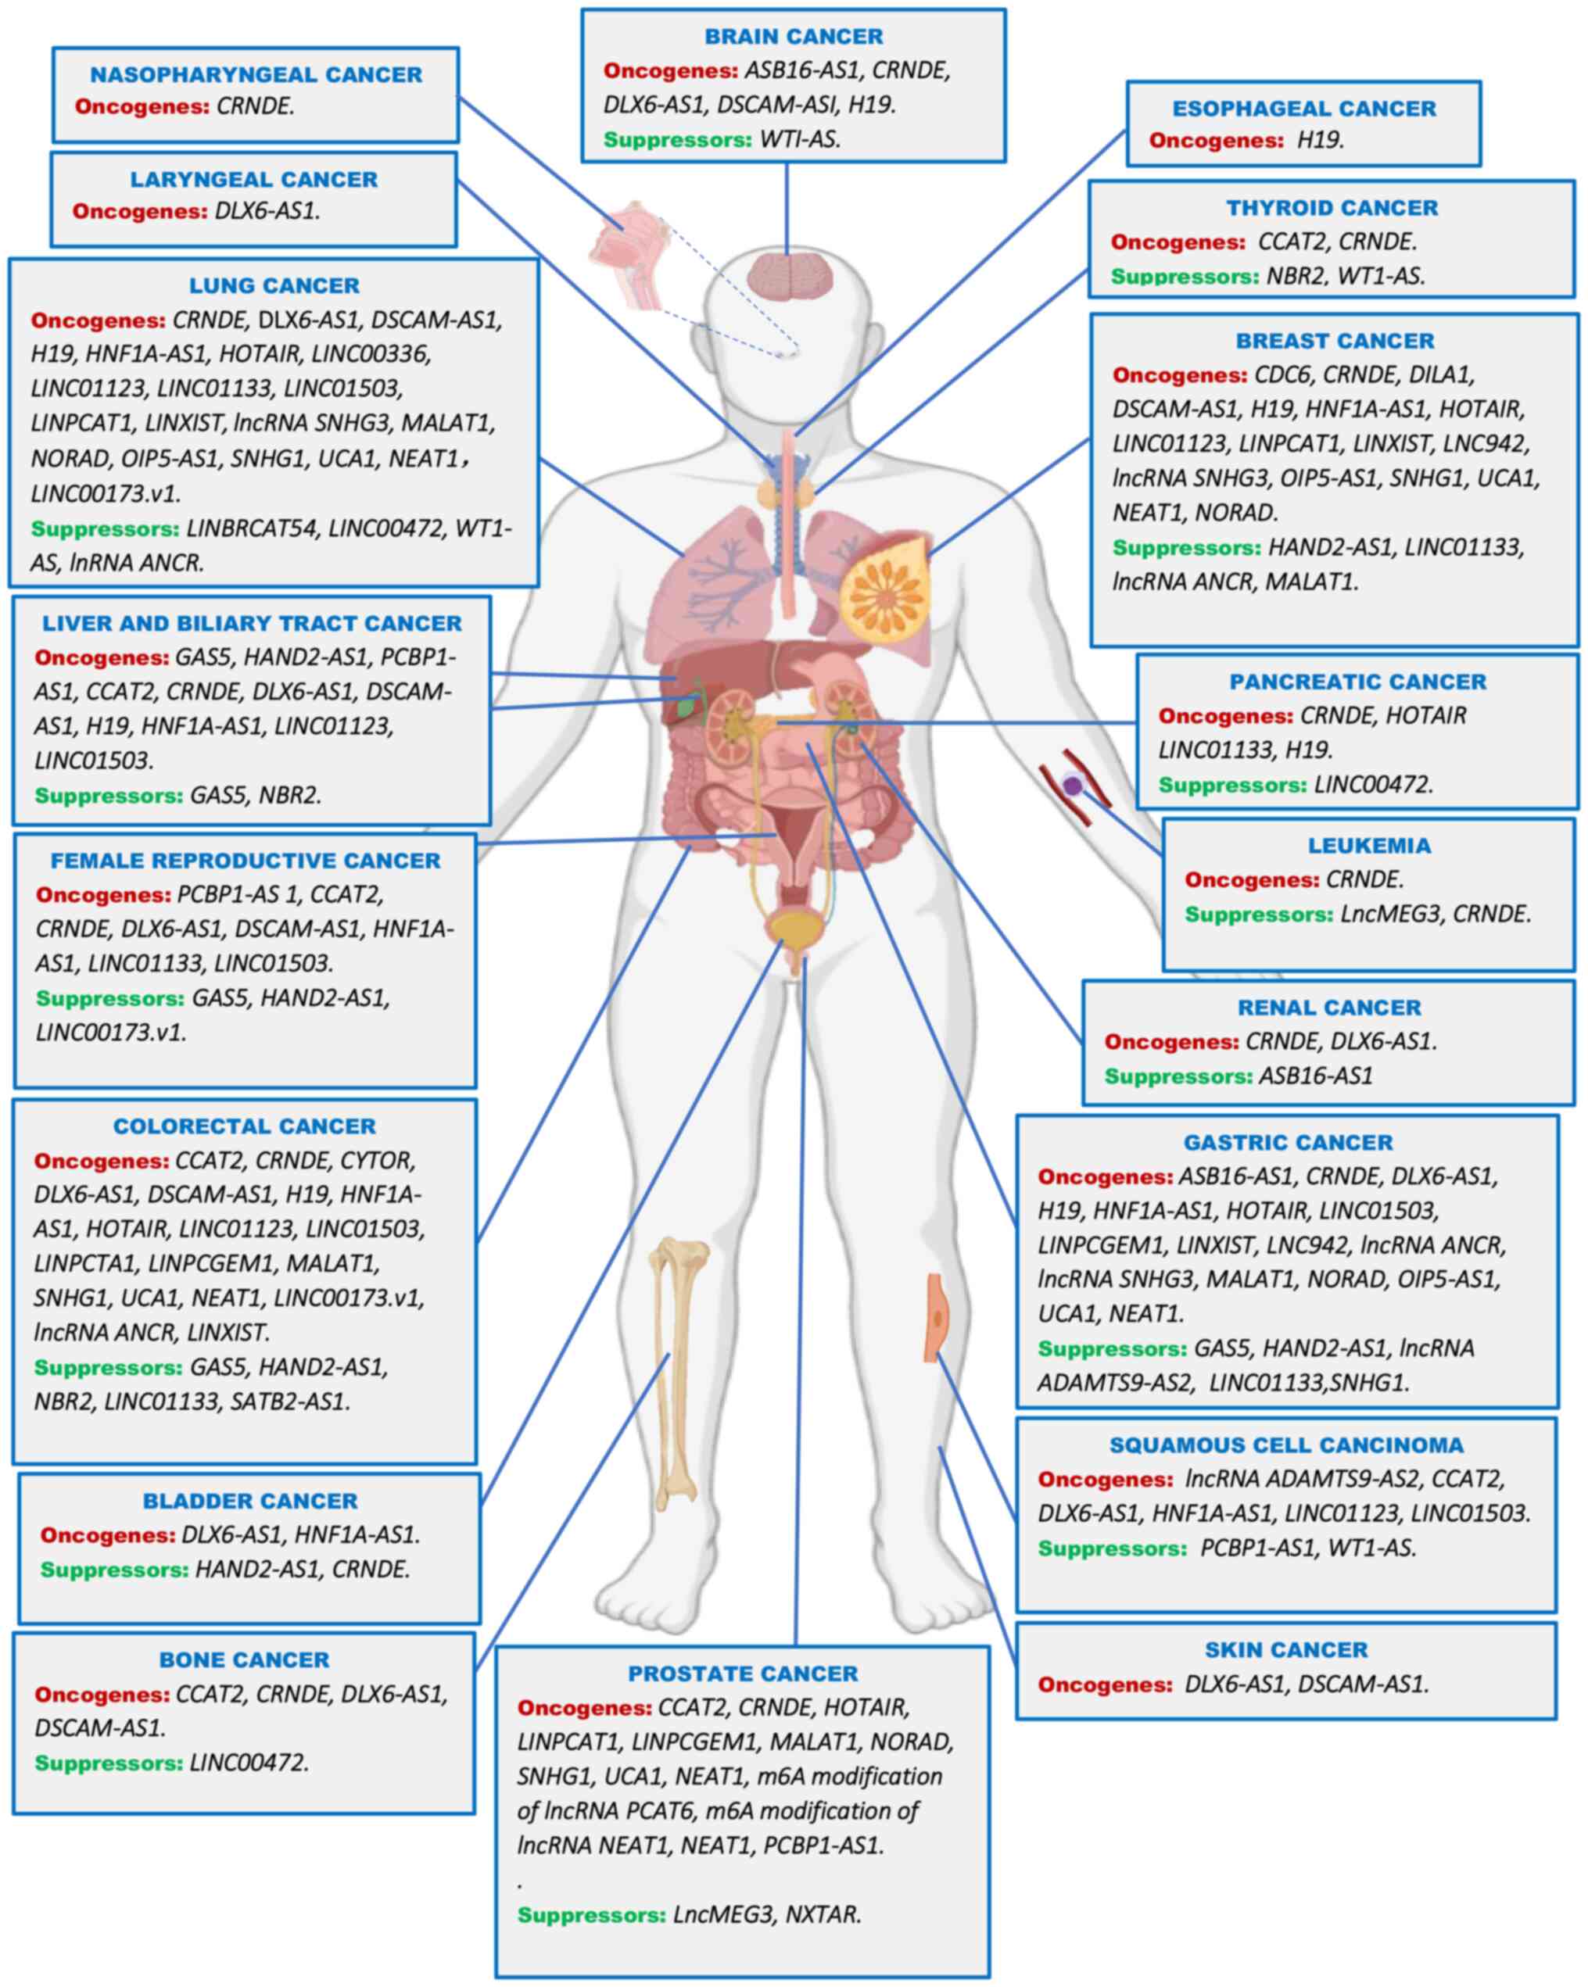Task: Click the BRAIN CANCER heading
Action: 793,37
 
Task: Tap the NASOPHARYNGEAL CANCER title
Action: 256,75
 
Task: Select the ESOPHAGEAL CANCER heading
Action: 1303,109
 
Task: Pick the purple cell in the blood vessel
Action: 1072,786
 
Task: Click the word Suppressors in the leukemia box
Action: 1258,915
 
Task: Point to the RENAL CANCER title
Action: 1328,1008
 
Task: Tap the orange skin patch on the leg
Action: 935,1318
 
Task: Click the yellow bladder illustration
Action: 790,926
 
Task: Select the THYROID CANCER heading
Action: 1331,208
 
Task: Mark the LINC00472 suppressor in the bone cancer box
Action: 248,1763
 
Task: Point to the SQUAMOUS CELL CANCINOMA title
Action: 1285,1445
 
